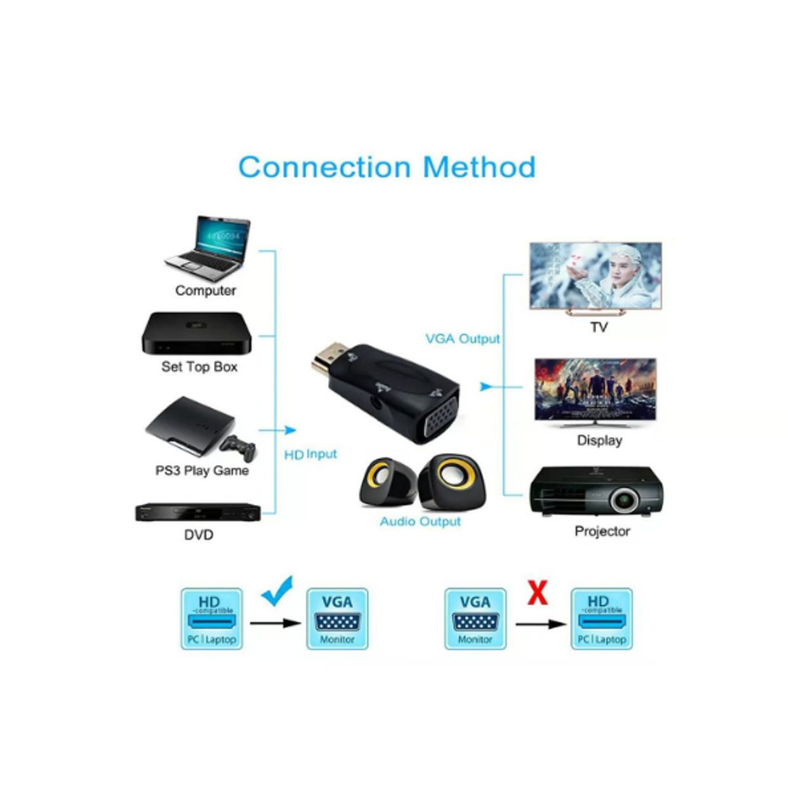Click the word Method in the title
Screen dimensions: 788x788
[x=479, y=167]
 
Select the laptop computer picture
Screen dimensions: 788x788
[x=209, y=248]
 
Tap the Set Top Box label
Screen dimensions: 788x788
[x=199, y=367]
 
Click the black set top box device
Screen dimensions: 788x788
[x=197, y=333]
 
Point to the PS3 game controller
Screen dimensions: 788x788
[x=238, y=449]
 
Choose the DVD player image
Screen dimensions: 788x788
[x=198, y=512]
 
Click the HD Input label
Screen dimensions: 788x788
[x=310, y=454]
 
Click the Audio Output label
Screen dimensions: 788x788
[x=420, y=521]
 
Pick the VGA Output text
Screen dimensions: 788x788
[x=462, y=339]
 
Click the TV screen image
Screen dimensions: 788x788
[x=596, y=276]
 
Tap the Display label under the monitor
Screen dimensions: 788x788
[x=599, y=441]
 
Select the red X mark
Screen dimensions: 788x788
[x=537, y=593]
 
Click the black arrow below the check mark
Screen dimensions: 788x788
[x=274, y=622]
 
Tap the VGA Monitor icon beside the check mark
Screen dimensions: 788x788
[x=337, y=619]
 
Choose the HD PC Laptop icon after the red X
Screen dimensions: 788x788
[x=602, y=619]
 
